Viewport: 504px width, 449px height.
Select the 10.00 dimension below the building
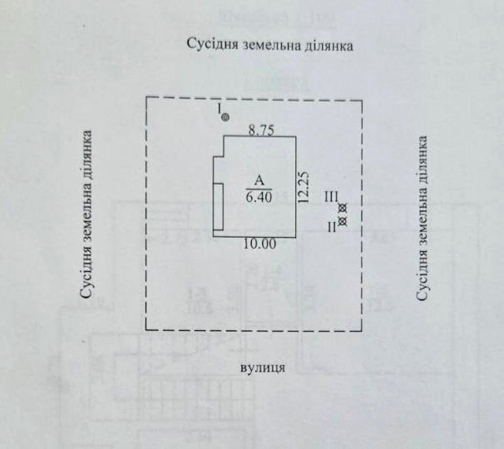[260, 244]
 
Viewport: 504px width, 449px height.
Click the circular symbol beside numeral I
[225, 118]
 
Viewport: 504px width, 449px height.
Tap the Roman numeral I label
[219, 109]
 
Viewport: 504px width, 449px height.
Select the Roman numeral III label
[332, 197]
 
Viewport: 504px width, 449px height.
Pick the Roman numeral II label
[332, 227]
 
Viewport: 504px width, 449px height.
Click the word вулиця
[262, 367]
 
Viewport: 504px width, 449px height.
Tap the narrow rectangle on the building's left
[218, 207]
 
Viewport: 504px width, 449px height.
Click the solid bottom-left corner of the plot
[146, 330]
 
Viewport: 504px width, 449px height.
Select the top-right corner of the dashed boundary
[362, 101]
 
